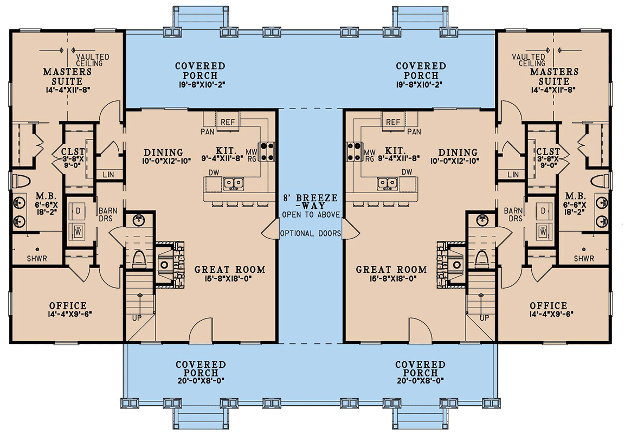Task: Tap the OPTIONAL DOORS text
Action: coord(310,234)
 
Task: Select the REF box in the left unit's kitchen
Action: coord(227,122)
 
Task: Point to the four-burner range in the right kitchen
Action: coord(355,151)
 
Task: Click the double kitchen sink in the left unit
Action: coord(234,183)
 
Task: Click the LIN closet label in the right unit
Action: coord(513,174)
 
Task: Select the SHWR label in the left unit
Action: coord(37,258)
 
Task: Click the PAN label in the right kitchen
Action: coord(414,131)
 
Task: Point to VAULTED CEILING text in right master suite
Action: coord(529,60)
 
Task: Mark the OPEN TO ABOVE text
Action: coord(310,215)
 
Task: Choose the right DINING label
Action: coord(458,152)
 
